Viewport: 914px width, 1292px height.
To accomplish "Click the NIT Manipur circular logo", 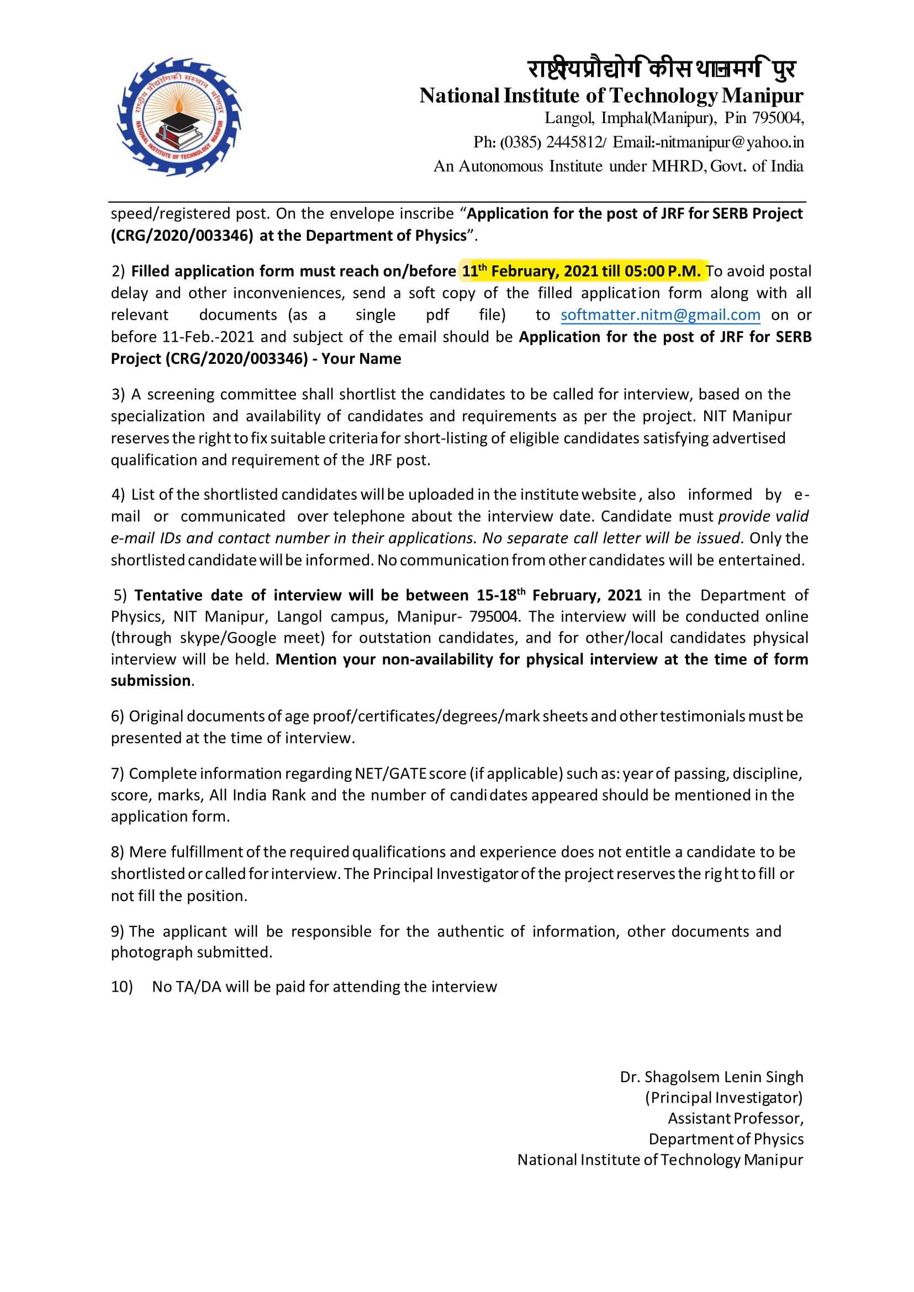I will pyautogui.click(x=179, y=117).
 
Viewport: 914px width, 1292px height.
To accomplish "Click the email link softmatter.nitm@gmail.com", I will pyautogui.click(x=660, y=315).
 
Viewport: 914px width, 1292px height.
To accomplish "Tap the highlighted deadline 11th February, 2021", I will pyautogui.click(x=529, y=272).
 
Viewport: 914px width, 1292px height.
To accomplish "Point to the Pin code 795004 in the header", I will pyautogui.click(x=778, y=119).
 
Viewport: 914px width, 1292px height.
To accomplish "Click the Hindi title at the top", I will pyautogui.click(x=662, y=70).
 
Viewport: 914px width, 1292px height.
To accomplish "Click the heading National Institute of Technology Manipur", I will pyautogui.click(x=611, y=96).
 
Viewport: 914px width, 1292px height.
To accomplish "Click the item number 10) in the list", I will pyautogui.click(x=121, y=987).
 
